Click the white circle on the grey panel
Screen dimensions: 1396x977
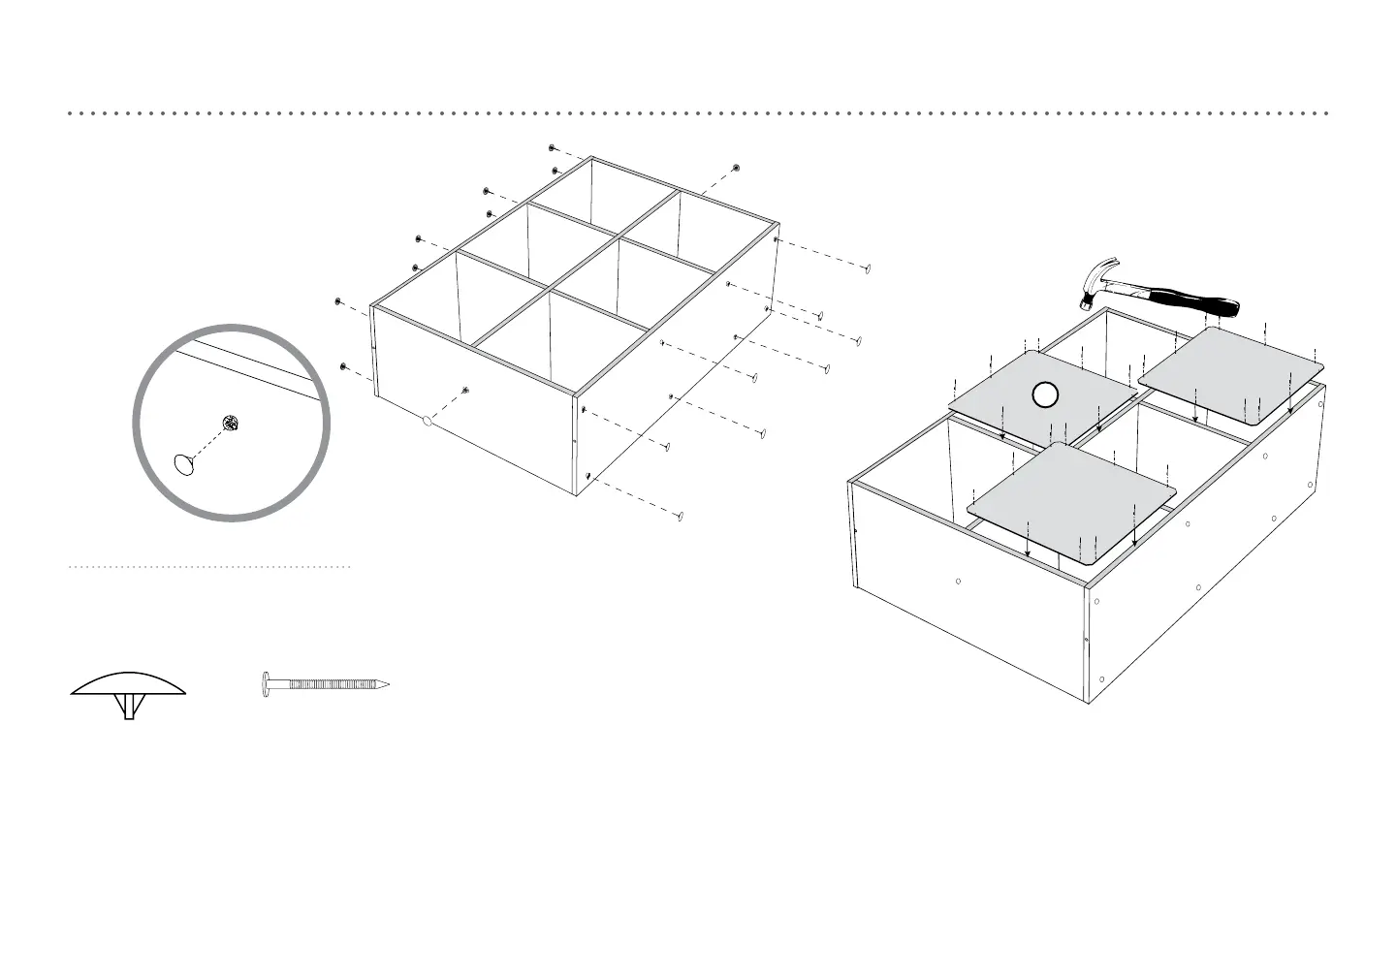click(x=1043, y=394)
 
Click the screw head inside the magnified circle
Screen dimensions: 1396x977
click(x=230, y=422)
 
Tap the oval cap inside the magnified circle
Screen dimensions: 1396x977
click(x=184, y=464)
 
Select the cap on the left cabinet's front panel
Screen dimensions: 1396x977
click(x=427, y=422)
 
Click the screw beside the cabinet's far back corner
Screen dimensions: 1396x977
click(x=737, y=169)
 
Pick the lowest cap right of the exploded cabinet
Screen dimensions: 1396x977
click(x=681, y=517)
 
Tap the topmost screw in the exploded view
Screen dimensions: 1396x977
click(x=552, y=148)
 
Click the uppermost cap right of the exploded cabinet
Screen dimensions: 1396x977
click(x=869, y=268)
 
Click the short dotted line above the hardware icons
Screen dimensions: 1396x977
click(x=209, y=566)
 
